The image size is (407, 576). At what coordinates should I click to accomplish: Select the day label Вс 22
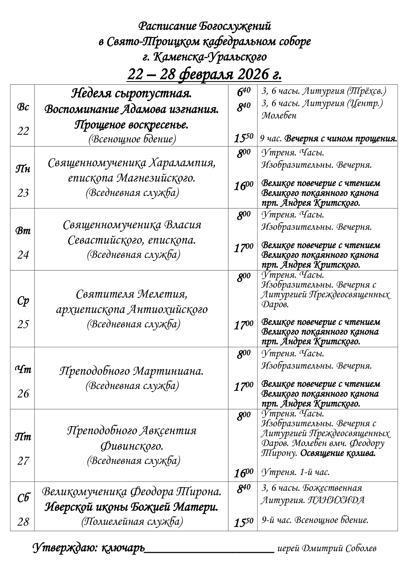tap(23, 119)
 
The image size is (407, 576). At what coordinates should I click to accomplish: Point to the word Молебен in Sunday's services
tap(279, 116)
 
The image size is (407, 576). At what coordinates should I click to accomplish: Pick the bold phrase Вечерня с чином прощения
tap(341, 139)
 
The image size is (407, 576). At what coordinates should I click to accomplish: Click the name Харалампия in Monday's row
tap(182, 163)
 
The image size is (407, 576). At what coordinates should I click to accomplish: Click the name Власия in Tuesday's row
tap(183, 225)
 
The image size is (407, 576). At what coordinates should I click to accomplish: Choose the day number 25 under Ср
tap(23, 324)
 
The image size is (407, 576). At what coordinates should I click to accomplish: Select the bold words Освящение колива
tap(338, 453)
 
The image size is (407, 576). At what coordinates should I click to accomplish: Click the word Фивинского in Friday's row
tap(132, 446)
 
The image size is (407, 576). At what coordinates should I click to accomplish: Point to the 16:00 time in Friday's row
tap(243, 473)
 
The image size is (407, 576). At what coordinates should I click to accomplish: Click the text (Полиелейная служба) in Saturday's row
tap(132, 521)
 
